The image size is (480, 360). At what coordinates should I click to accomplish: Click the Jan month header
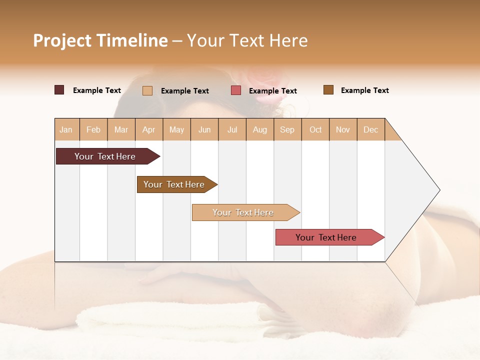click(x=66, y=130)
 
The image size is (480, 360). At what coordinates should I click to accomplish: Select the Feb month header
click(x=93, y=130)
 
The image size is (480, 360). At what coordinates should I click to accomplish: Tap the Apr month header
click(x=149, y=130)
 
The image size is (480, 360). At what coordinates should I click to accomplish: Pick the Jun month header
click(x=204, y=130)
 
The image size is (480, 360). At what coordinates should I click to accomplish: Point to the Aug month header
click(x=260, y=130)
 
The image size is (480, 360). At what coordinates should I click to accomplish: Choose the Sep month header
click(x=287, y=130)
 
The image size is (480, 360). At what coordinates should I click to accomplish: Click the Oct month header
click(x=315, y=130)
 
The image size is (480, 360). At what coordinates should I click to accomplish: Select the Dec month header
click(x=371, y=130)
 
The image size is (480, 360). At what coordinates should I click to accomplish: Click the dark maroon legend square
click(x=59, y=90)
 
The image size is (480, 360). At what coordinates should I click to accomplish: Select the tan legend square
click(x=147, y=90)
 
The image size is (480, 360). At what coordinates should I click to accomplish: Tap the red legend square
click(x=236, y=90)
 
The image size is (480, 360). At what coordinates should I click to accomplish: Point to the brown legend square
click(x=328, y=90)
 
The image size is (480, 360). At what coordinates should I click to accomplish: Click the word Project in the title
click(x=62, y=40)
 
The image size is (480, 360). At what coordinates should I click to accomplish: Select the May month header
click(x=176, y=130)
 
